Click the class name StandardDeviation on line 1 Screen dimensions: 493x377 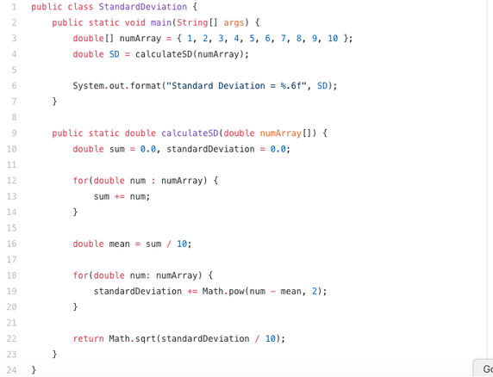[143, 7]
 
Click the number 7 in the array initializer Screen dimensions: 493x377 [284, 38]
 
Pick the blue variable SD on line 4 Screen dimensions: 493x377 [114, 54]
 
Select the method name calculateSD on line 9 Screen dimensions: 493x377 [190, 133]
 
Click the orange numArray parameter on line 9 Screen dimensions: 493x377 [280, 133]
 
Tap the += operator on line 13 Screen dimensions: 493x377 [120, 196]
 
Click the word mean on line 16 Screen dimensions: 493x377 [119, 244]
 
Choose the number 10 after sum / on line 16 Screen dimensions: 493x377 [182, 244]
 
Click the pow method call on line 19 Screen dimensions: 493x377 [236, 291]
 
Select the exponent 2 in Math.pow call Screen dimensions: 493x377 [315, 291]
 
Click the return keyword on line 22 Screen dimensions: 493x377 [89, 339]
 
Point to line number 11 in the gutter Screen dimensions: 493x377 [11, 164]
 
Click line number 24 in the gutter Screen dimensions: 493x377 [11, 370]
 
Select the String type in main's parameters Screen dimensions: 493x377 [192, 22]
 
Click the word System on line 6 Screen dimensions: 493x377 [89, 86]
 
